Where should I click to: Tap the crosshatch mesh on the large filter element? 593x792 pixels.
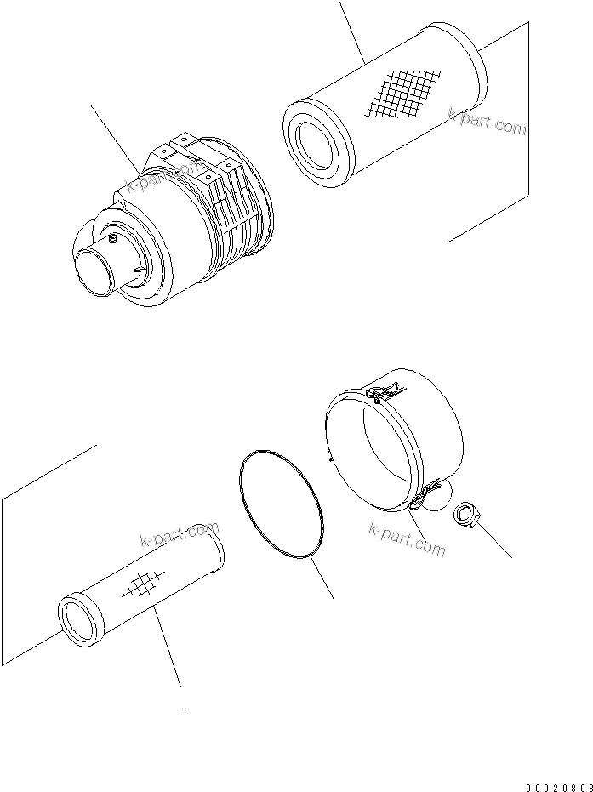click(x=402, y=92)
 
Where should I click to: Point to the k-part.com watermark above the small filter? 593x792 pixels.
click(x=178, y=536)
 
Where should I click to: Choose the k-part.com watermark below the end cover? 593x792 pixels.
click(x=407, y=538)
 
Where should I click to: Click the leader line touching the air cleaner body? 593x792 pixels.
click(x=115, y=136)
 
